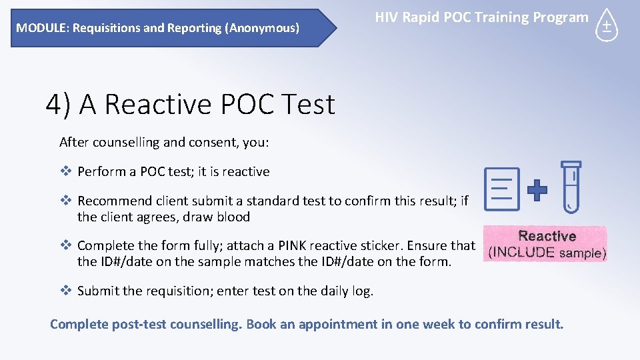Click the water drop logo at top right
pos(607,25)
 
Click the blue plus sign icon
pos(537,191)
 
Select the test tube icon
pos(571,187)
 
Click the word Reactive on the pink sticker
pos(547,236)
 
